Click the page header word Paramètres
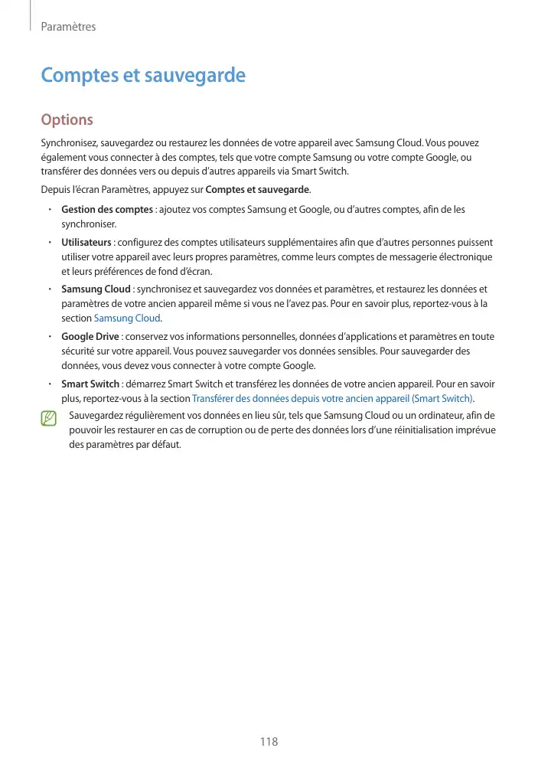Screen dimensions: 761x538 [68, 27]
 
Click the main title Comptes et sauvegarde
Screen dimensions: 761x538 [143, 76]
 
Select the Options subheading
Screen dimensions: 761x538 [67, 120]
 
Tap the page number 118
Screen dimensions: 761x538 [269, 741]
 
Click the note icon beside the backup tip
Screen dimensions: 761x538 [50, 418]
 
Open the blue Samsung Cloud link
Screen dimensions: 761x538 [127, 318]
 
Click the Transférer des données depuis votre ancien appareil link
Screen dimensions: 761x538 [332, 398]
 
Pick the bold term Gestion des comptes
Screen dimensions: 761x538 [106, 209]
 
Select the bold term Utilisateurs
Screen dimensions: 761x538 [86, 242]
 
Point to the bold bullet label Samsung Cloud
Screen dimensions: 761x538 [96, 289]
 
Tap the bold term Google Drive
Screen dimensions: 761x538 [90, 336]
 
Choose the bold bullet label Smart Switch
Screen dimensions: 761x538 [90, 384]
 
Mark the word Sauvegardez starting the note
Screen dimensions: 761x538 [94, 415]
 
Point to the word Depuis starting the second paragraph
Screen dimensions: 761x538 [53, 189]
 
